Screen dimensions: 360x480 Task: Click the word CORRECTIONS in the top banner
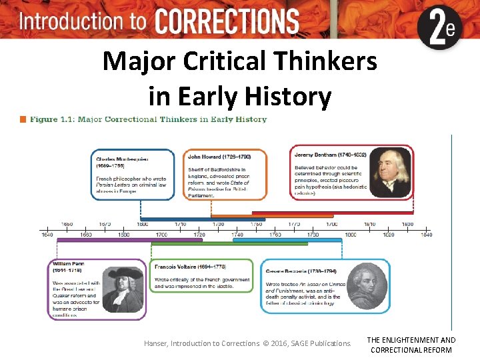pyautogui.click(x=227, y=20)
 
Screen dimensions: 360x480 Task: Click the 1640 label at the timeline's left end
pyautogui.click(x=47, y=235)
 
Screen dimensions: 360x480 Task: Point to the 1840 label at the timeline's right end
pyautogui.click(x=426, y=235)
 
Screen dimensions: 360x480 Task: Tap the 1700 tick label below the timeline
pyautogui.click(x=161, y=235)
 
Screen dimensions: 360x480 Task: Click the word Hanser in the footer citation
pyautogui.click(x=156, y=343)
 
